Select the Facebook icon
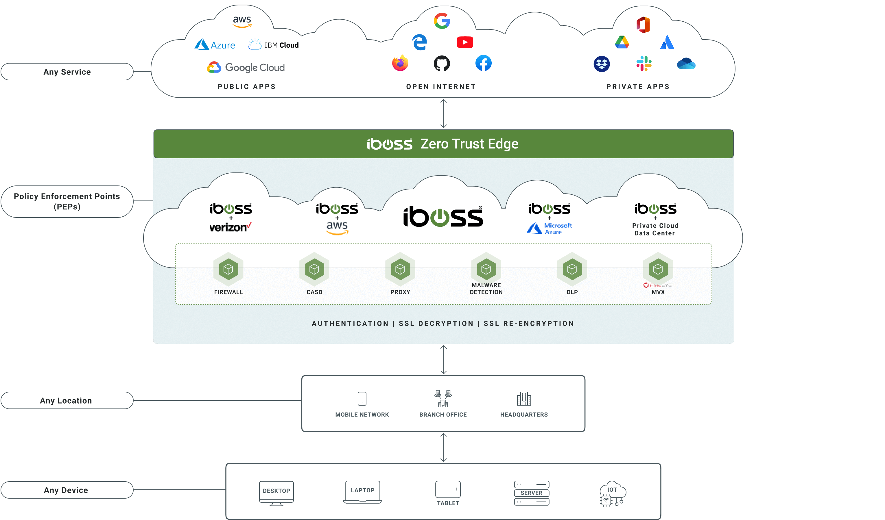coord(483,63)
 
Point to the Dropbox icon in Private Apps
coord(601,64)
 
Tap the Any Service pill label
coord(67,72)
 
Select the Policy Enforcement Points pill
coord(67,201)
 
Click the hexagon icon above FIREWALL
coord(228,269)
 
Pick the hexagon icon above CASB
coord(314,269)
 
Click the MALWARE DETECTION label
coord(486,288)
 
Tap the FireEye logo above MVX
coord(657,285)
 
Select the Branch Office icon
coord(443,398)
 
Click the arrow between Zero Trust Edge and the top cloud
coord(444,113)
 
